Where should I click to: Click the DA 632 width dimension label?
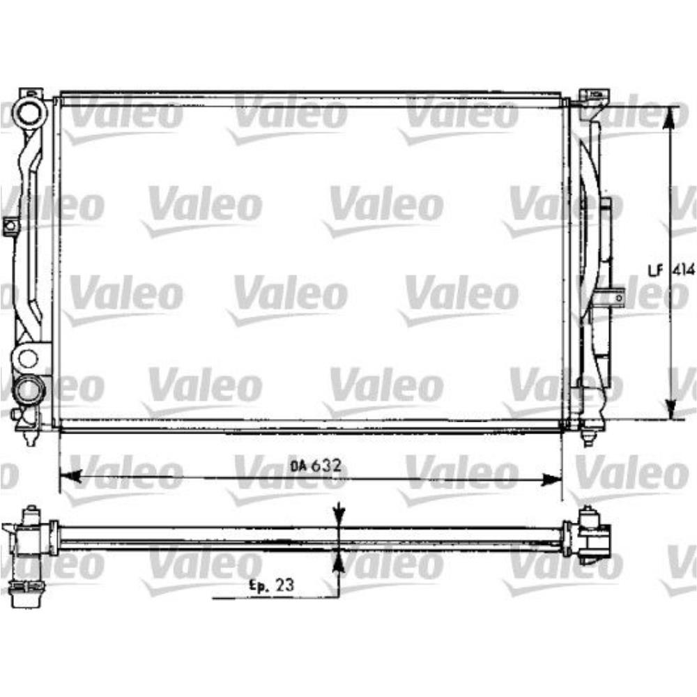pyautogui.click(x=316, y=466)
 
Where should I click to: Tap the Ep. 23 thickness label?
pyautogui.click(x=272, y=586)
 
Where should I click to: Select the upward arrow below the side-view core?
pyautogui.click(x=338, y=562)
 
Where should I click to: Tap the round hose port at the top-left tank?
pyautogui.click(x=31, y=111)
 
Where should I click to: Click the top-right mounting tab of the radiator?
pyautogui.click(x=595, y=94)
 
